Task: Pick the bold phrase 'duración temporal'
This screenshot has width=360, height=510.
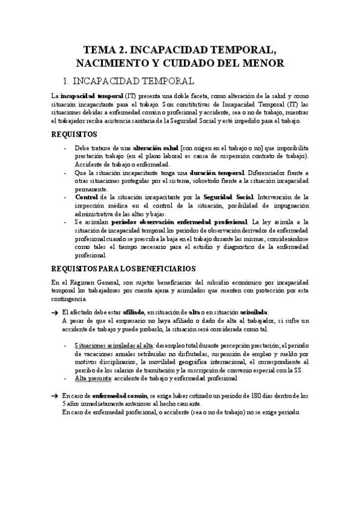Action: click(x=219, y=173)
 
